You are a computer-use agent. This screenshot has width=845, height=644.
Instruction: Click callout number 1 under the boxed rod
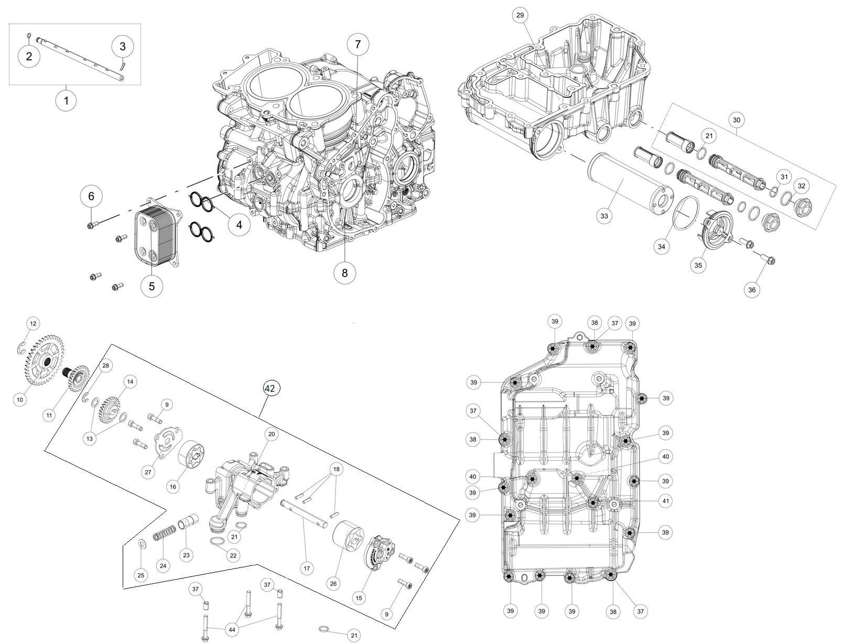coord(66,100)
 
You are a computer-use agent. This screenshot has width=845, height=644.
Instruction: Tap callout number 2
coord(29,56)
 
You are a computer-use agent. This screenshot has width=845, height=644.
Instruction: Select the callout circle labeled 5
coord(152,286)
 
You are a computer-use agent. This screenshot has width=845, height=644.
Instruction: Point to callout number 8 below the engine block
coord(344,273)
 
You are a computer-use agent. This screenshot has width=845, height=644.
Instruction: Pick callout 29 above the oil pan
coord(519,15)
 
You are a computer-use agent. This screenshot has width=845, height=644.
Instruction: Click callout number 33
coord(604,216)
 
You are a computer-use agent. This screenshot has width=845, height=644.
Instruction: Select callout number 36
coord(752,290)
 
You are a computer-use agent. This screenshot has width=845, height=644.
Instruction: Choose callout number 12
coord(33,324)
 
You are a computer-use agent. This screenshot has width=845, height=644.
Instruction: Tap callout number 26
coord(333,583)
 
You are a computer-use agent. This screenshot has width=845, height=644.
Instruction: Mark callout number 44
coord(231,629)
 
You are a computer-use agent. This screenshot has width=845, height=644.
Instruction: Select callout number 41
coord(666,501)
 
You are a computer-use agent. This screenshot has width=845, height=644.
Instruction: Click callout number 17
coord(307,567)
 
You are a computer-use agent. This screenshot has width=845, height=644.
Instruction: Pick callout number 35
coord(698,265)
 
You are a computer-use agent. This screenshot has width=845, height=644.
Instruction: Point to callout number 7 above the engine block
coord(358,44)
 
